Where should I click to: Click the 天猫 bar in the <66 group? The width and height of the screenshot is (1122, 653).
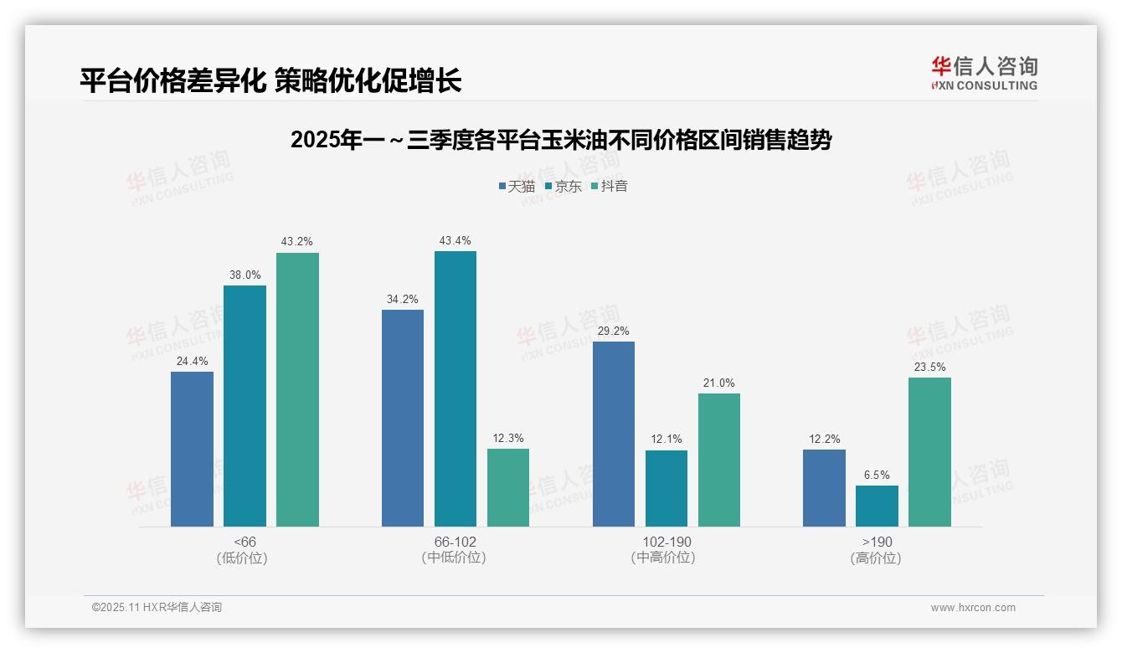click(x=192, y=449)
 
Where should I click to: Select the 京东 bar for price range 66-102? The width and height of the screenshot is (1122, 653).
click(x=455, y=388)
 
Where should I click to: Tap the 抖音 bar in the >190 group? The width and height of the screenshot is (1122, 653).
click(x=929, y=452)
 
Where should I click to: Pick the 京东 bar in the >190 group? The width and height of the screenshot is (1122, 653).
click(x=877, y=506)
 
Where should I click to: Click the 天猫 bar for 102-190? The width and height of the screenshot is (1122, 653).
click(x=614, y=434)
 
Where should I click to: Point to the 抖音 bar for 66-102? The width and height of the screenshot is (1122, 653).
click(x=508, y=487)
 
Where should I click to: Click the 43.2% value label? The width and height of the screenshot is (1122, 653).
click(x=297, y=242)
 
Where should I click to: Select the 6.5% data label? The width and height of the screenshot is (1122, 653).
click(x=877, y=475)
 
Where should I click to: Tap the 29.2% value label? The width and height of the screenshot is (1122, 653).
click(x=614, y=331)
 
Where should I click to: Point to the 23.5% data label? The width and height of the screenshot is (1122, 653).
click(x=929, y=367)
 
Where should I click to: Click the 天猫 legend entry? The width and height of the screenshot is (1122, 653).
click(x=517, y=186)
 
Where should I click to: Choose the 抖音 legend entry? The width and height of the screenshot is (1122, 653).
click(x=610, y=186)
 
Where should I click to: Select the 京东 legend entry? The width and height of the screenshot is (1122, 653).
click(x=563, y=186)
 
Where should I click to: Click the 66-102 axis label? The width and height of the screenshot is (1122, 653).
click(x=455, y=542)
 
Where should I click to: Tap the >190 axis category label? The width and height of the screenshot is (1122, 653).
click(x=877, y=542)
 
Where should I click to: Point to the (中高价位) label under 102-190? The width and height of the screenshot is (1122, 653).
click(x=663, y=558)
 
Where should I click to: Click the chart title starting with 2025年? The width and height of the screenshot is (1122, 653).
click(x=560, y=140)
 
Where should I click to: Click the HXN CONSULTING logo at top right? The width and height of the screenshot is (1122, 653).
click(x=985, y=74)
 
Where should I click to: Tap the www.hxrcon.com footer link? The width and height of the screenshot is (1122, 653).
click(x=973, y=608)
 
